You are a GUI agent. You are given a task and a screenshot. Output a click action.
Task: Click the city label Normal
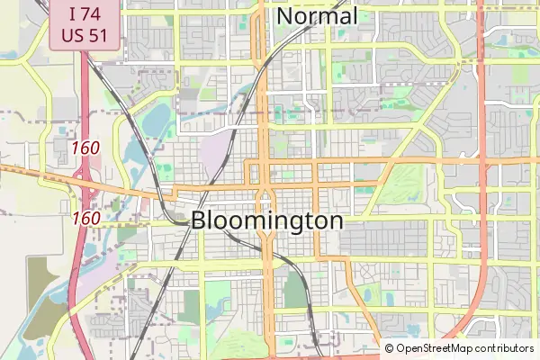point(317,16)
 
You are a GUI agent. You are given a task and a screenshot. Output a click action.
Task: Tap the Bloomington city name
point(267,221)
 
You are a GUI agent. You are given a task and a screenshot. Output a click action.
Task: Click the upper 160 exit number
point(85,147)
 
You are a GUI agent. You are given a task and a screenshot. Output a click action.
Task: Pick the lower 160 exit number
point(85,218)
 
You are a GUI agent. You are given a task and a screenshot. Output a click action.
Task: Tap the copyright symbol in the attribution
point(389,348)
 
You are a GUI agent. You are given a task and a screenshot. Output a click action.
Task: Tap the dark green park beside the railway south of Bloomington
point(294,291)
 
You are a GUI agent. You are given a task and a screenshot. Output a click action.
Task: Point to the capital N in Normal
point(285,16)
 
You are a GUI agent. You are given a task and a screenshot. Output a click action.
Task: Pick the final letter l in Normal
point(355,16)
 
